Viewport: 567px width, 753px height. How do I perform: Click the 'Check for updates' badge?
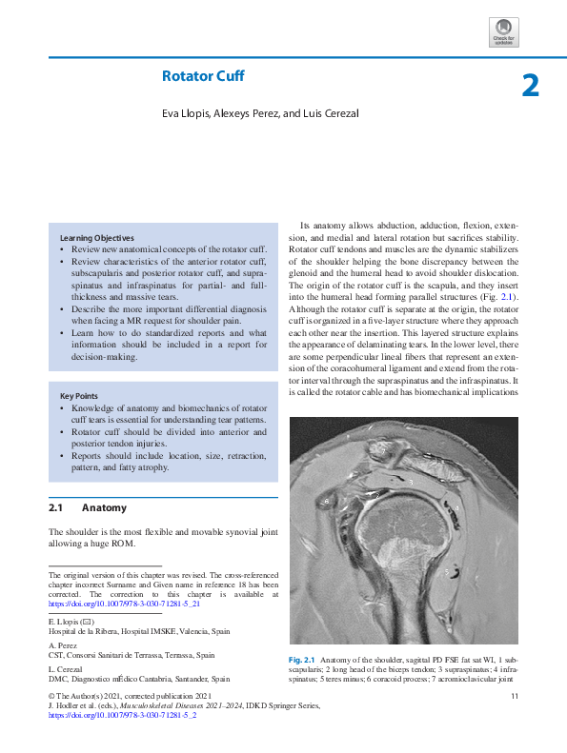point(503,31)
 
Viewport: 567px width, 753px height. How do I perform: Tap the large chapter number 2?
point(531,87)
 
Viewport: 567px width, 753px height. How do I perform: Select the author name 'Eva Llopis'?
point(185,114)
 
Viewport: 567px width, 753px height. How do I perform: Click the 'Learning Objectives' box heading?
point(96,237)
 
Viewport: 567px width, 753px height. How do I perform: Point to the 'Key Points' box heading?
point(80,395)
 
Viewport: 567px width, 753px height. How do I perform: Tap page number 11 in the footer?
point(514,698)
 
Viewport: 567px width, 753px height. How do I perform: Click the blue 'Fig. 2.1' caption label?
point(302,660)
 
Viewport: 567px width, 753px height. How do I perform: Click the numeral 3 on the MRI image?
point(410,483)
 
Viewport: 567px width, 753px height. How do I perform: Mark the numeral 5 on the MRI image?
point(446,571)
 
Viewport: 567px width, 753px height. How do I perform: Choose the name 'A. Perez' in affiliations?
point(61,645)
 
